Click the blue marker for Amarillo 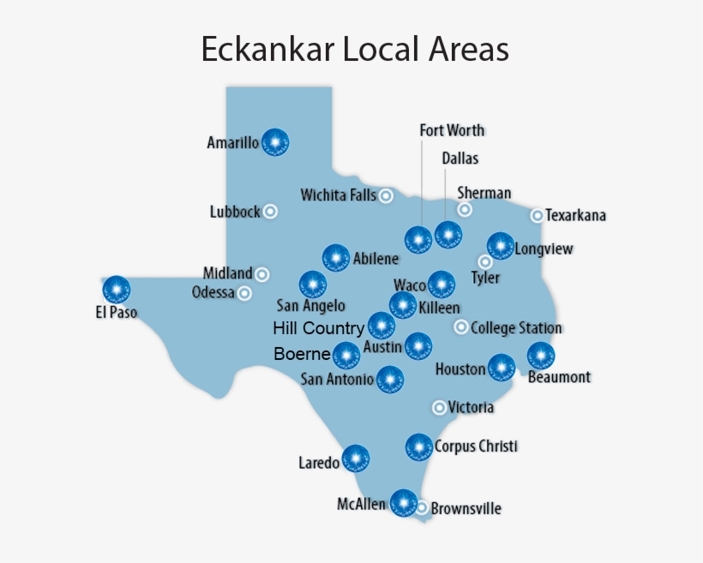275,141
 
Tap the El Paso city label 116,313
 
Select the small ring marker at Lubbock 270,211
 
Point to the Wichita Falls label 339,195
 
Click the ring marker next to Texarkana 538,216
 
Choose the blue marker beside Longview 501,247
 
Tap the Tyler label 485,278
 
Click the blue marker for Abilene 335,258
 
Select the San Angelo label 310,305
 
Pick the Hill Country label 318,328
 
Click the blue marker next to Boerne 346,355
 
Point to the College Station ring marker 461,326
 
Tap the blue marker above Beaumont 541,355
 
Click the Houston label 460,370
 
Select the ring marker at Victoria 440,407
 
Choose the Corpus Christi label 476,446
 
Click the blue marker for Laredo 356,458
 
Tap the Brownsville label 466,508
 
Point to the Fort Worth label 452,130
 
